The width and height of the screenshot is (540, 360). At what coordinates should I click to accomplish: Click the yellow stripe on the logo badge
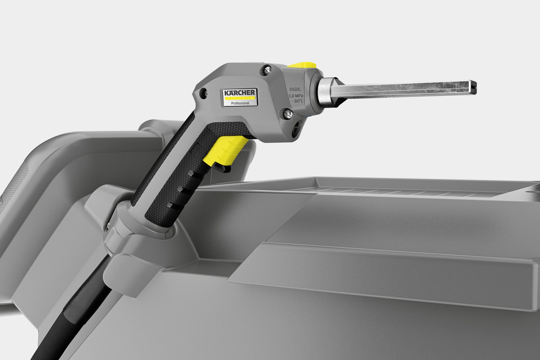click(239, 98)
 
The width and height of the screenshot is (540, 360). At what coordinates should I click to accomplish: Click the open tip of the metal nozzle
click(475, 87)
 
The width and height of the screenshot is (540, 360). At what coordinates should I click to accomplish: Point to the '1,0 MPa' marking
click(296, 96)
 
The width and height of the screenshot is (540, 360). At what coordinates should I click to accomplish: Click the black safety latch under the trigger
click(224, 168)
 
